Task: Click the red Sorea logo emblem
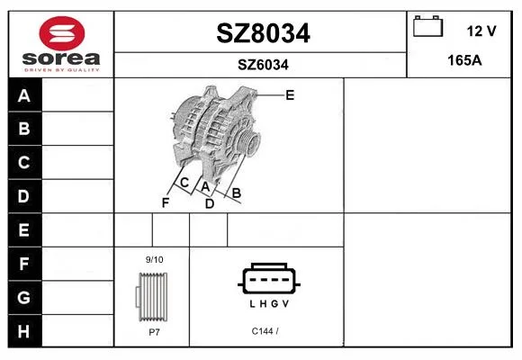click(62, 33)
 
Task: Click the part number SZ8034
click(263, 33)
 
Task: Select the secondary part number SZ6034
click(263, 65)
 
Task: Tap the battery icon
click(427, 26)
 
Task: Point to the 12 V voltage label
click(481, 31)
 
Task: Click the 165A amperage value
click(464, 60)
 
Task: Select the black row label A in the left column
click(24, 96)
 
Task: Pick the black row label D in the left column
click(24, 196)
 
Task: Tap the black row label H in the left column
click(24, 331)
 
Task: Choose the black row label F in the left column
click(24, 264)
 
